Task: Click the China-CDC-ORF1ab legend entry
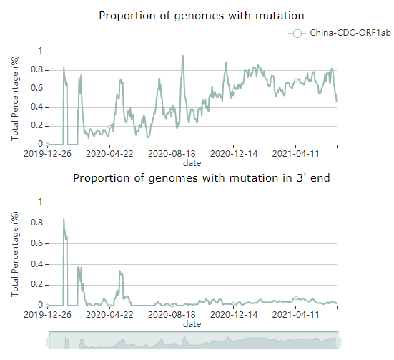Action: point(340,33)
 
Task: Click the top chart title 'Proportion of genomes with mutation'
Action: point(202,16)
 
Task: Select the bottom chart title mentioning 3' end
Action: point(201,178)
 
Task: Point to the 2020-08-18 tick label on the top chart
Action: point(172,153)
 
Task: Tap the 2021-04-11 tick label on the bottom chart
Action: point(295,314)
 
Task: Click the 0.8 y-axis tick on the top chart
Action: point(36,69)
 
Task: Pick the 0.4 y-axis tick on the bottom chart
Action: point(36,264)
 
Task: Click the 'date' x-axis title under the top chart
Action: point(192,163)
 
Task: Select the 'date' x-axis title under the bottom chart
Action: point(192,324)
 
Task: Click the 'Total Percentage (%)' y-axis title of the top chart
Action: point(15,98)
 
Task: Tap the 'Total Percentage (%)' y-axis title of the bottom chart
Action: point(15,254)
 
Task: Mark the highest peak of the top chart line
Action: point(183,56)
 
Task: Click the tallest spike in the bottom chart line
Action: point(64,219)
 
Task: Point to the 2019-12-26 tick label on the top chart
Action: point(47,153)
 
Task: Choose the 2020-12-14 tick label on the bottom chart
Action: point(234,314)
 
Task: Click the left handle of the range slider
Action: point(49,342)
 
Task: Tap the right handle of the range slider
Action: point(339,342)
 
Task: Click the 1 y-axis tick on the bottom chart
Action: point(40,202)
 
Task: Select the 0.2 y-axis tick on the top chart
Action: point(36,125)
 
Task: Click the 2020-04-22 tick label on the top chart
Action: point(109,153)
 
